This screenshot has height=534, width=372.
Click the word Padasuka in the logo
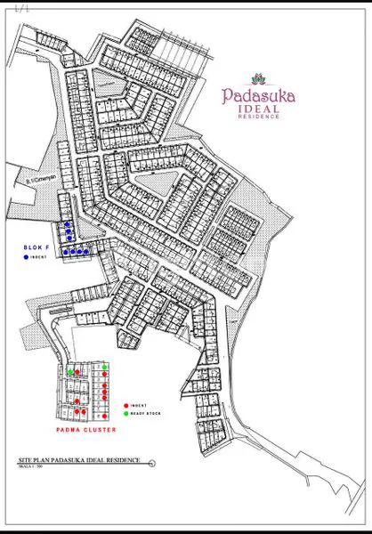(x=260, y=95)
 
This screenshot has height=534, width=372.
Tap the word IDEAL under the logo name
(x=259, y=109)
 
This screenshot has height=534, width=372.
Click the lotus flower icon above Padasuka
(x=260, y=77)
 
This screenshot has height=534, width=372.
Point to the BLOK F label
(x=36, y=246)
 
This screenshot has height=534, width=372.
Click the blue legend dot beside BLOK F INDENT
(x=27, y=256)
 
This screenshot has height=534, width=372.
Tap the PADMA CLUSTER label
(x=86, y=430)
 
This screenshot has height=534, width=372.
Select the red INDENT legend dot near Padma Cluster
(x=126, y=405)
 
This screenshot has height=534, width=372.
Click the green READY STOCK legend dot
(x=126, y=414)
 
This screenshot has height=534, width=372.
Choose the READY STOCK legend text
(x=145, y=414)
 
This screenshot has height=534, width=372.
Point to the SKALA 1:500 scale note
(x=31, y=465)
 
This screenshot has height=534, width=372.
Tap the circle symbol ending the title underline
(x=152, y=463)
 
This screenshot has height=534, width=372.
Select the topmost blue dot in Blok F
(x=68, y=224)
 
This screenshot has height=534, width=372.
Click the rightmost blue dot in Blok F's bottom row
(x=87, y=252)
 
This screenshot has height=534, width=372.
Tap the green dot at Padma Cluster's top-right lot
(x=105, y=367)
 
